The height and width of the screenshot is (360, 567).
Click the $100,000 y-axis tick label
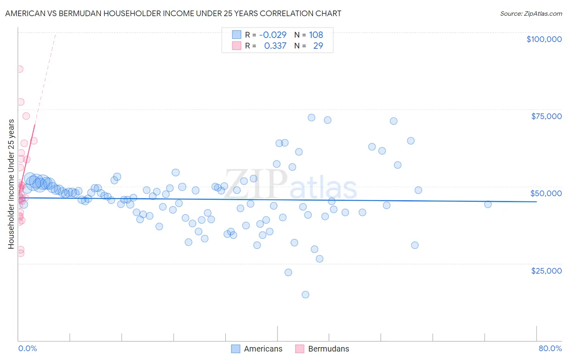coord(544,39)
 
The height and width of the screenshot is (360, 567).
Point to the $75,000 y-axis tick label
coord(546,116)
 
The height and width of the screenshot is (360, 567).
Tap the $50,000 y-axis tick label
coord(546,193)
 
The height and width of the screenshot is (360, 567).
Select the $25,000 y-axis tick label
coord(546,271)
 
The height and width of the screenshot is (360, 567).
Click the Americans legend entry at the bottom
coord(263,349)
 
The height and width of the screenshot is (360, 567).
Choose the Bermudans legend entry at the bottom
coord(328,349)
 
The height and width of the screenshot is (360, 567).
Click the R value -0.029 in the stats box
coord(273,35)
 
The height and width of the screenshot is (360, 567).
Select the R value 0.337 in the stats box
coord(275,46)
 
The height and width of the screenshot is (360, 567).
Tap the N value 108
coord(316,35)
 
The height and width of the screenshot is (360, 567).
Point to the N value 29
coord(318,46)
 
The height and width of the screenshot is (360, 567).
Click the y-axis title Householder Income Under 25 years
coord(11,184)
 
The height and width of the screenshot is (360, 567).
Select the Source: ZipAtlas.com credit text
coord(531,14)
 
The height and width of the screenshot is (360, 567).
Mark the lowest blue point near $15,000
coord(305,295)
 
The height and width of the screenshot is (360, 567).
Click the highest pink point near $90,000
coord(19,69)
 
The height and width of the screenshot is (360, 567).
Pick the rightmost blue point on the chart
coord(488,204)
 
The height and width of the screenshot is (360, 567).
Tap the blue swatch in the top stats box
coord(236,35)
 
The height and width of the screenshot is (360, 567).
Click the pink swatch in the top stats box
coord(236,46)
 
